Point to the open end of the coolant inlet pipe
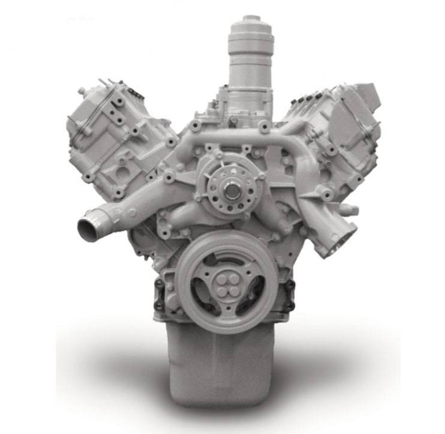[88, 230]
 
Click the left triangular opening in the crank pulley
[201, 289]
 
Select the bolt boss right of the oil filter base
[265, 125]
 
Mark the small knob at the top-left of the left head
[82, 90]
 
